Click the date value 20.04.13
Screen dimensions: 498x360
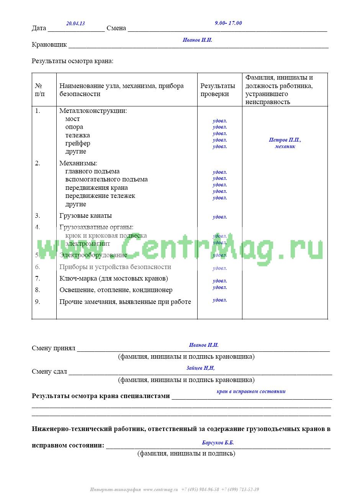point(75,23)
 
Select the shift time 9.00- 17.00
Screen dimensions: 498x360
point(228,23)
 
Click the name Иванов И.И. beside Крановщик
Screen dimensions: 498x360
point(197,40)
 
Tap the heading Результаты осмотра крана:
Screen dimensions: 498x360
point(72,61)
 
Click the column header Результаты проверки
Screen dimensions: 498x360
point(218,90)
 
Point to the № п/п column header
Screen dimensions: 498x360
point(40,90)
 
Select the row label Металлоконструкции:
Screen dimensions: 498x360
point(93,111)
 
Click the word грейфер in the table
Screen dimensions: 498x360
point(78,143)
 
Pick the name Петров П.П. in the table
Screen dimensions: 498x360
point(285,140)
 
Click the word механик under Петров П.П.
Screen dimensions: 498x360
point(285,146)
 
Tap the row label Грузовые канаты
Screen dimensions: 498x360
point(85,216)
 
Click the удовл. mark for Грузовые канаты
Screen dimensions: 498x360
point(220,217)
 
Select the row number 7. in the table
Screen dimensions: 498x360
point(38,278)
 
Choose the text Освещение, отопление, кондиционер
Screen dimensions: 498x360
point(116,290)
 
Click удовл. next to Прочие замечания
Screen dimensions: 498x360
point(220,300)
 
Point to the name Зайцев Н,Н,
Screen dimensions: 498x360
point(200,368)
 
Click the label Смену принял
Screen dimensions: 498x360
point(54,348)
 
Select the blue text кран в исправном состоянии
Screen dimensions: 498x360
point(251,391)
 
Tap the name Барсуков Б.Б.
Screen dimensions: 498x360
point(218,443)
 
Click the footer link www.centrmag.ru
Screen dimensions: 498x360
point(160,490)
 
